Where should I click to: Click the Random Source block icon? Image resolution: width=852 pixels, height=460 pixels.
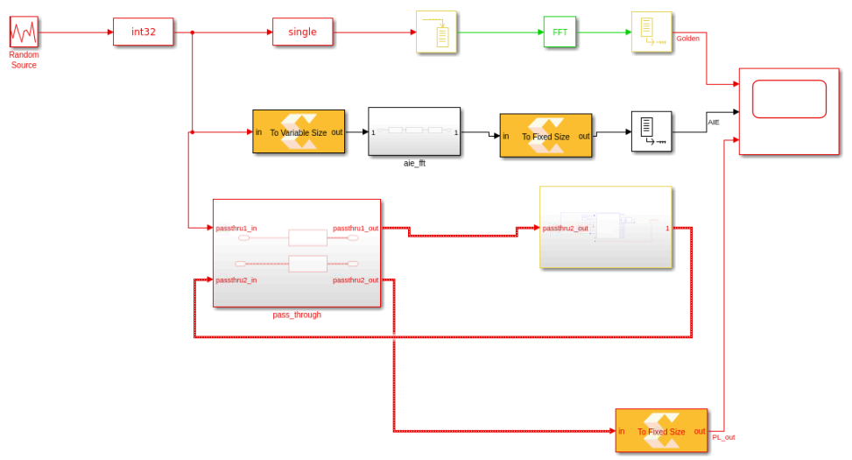tap(24, 32)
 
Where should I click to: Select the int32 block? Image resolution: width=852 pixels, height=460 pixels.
tap(143, 32)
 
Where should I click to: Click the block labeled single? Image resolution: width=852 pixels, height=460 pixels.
tap(302, 32)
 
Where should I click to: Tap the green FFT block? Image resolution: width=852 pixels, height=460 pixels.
tap(560, 32)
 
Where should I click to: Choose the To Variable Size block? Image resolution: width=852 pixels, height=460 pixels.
tap(299, 132)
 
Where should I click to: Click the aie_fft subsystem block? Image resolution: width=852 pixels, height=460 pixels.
tap(414, 131)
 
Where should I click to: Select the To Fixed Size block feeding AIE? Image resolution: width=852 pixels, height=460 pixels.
tap(546, 136)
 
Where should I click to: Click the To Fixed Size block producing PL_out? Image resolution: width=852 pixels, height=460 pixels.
tap(661, 430)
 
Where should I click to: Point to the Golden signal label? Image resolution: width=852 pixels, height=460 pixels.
tap(687, 39)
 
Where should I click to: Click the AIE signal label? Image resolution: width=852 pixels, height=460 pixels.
tap(714, 123)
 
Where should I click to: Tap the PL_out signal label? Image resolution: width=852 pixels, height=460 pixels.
tap(723, 437)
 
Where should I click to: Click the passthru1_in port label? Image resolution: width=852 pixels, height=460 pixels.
tap(236, 229)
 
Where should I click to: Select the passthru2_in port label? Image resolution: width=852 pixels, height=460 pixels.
tap(236, 280)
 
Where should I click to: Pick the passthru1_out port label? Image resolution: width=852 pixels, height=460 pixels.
tap(355, 229)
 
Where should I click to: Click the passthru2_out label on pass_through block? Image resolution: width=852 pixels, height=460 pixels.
tap(355, 280)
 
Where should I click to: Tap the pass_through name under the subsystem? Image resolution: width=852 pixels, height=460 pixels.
tap(297, 315)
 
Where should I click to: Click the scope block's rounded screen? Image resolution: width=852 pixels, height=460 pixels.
tap(789, 99)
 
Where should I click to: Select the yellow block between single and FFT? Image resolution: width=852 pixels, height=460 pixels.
tap(436, 32)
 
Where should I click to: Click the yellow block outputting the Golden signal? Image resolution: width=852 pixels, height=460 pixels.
tap(651, 32)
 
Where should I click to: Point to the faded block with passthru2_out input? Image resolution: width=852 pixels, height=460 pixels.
tap(606, 228)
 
